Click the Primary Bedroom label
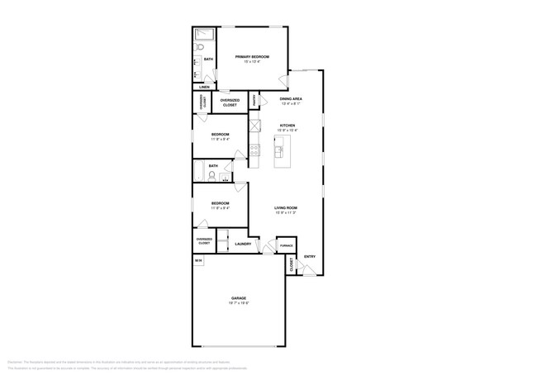click(x=252, y=56)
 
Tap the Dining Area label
click(x=291, y=98)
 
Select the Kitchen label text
click(x=287, y=126)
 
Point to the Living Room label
click(x=286, y=207)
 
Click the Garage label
click(x=239, y=297)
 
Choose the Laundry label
click(x=243, y=244)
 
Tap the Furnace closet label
click(x=286, y=245)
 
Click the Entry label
click(x=309, y=256)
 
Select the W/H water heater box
click(x=198, y=260)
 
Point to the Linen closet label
click(x=203, y=86)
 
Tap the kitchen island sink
click(x=278, y=151)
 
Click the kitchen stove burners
click(x=255, y=150)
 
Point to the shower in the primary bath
click(x=204, y=35)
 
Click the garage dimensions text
click(x=239, y=303)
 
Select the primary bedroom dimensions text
click(x=252, y=62)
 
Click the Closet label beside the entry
click(x=291, y=264)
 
